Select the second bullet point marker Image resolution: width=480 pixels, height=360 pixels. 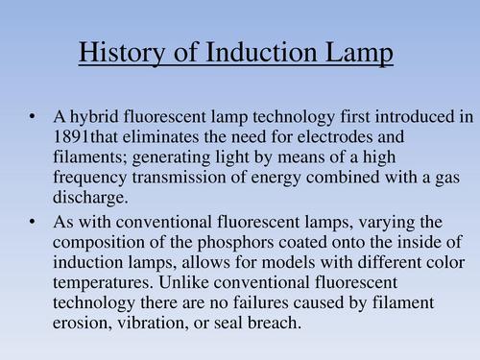(x=33, y=222)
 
